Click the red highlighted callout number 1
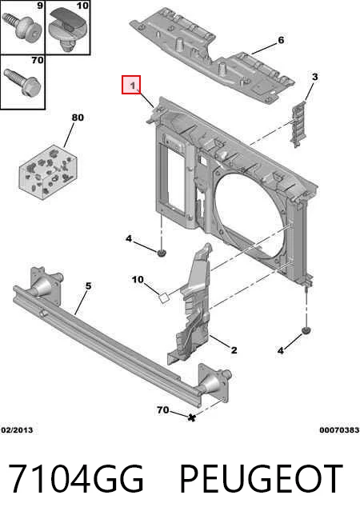pyautogui.click(x=131, y=85)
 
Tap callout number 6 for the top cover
pyautogui.click(x=281, y=40)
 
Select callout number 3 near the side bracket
pyautogui.click(x=314, y=77)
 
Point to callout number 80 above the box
pyautogui.click(x=78, y=118)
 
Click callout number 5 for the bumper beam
pyautogui.click(x=88, y=285)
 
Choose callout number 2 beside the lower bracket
pyautogui.click(x=234, y=350)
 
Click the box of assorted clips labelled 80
pyautogui.click(x=48, y=172)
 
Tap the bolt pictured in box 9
pyautogui.click(x=22, y=26)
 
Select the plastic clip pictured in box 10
pyautogui.click(x=69, y=28)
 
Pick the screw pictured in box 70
pyautogui.click(x=22, y=82)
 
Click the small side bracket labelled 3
pyautogui.click(x=298, y=124)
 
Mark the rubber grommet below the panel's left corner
pyautogui.click(x=162, y=254)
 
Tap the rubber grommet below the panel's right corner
pyautogui.click(x=306, y=331)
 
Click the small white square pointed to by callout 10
pyautogui.click(x=164, y=297)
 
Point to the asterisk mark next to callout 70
pyautogui.click(x=191, y=417)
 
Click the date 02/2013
pyautogui.click(x=18, y=430)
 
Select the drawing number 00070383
pyautogui.click(x=339, y=430)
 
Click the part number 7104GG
pyautogui.click(x=76, y=478)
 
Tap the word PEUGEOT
pyautogui.click(x=261, y=478)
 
